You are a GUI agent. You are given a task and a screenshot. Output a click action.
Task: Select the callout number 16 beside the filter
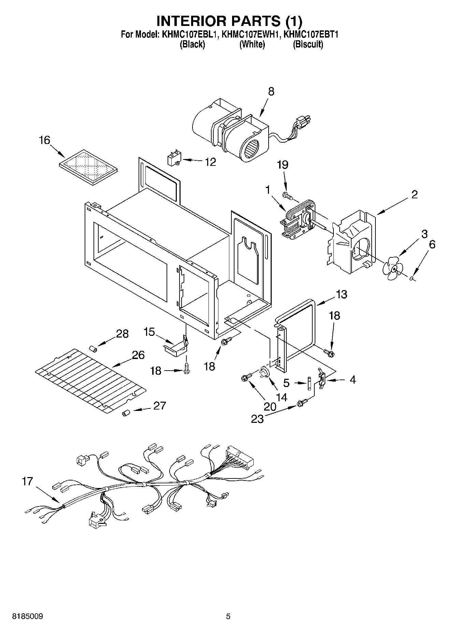(x=45, y=140)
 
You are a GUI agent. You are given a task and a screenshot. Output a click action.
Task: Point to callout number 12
(x=211, y=162)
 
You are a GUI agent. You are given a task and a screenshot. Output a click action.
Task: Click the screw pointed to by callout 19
(x=288, y=196)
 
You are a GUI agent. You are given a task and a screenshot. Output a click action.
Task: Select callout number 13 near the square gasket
(x=341, y=294)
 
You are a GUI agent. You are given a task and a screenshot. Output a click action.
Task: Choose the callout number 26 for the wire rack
(x=138, y=355)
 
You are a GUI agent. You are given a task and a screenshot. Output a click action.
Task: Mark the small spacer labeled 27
(x=125, y=414)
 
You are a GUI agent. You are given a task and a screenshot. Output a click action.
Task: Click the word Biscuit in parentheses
(x=308, y=44)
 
